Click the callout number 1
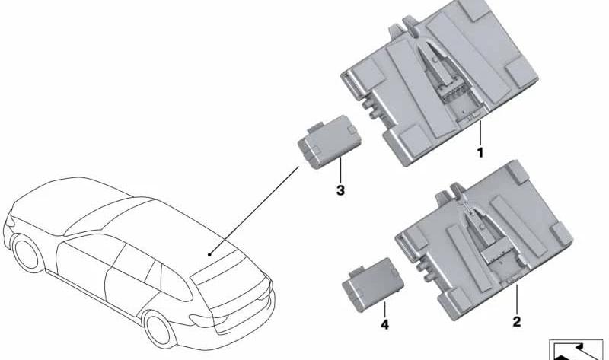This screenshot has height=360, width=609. click(480, 152)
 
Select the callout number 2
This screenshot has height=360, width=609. click(517, 321)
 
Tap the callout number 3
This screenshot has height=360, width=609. click(340, 190)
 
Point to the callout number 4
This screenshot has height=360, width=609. click(384, 324)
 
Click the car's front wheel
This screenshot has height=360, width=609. click(28, 253)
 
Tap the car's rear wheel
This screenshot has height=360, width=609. click(160, 328)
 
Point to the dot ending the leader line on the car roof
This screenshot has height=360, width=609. click(209, 254)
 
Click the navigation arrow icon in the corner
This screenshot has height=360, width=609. click(579, 350)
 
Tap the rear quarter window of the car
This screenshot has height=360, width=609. click(176, 285)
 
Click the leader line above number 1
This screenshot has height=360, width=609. click(480, 132)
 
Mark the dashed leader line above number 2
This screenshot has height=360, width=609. click(517, 299)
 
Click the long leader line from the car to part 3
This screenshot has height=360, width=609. click(254, 211)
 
